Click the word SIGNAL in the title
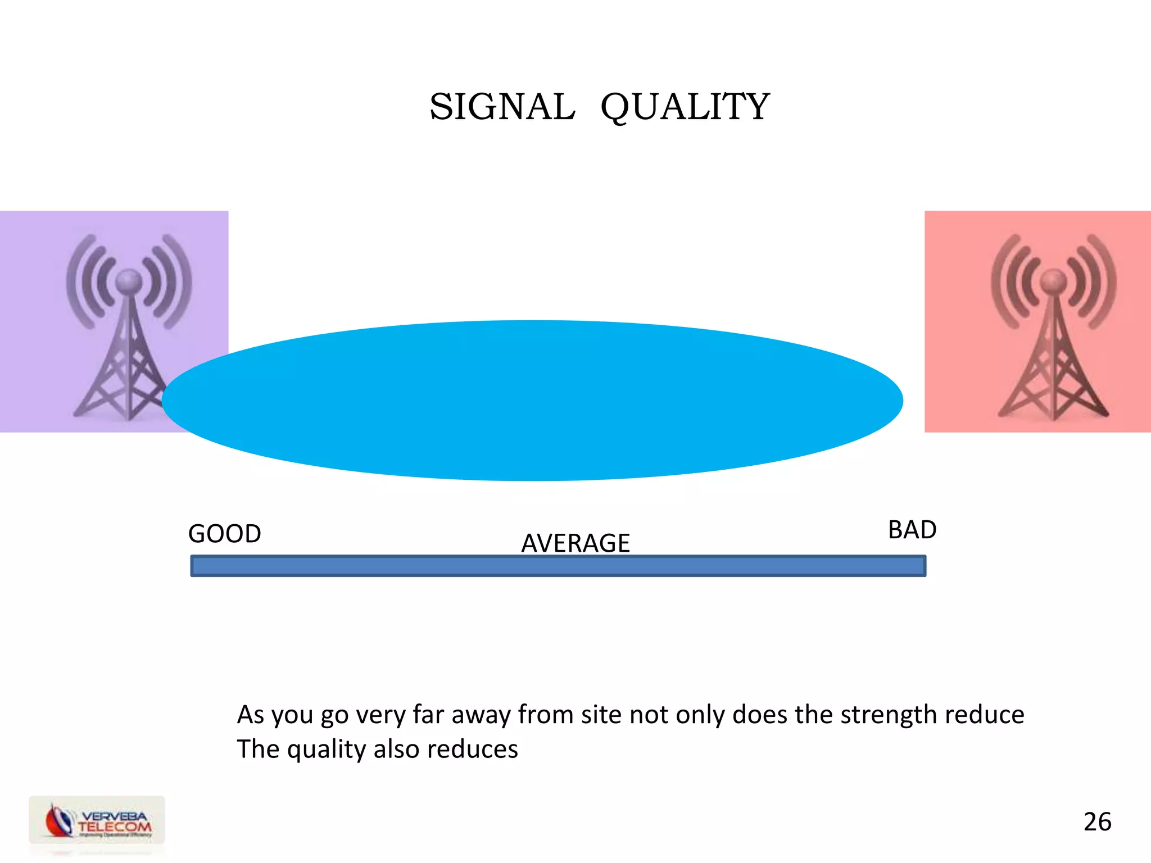click(x=502, y=107)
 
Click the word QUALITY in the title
click(x=685, y=107)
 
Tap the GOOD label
click(x=224, y=533)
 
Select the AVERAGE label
click(x=575, y=543)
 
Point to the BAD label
click(x=912, y=530)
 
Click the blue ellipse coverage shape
click(x=532, y=400)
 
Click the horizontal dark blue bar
click(x=558, y=566)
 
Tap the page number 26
click(x=1097, y=821)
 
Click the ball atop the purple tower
click(x=129, y=279)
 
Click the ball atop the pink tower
click(x=1053, y=279)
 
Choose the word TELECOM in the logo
click(x=115, y=827)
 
